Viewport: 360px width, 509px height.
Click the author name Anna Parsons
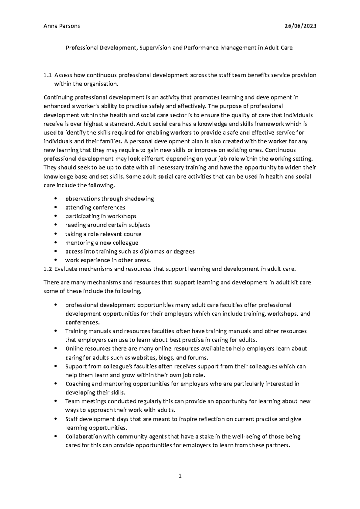[x=61, y=26]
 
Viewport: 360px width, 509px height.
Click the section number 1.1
[x=47, y=75]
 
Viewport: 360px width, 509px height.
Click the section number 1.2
[x=47, y=269]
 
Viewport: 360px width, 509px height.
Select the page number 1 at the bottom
[x=180, y=476]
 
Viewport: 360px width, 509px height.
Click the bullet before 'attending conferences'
[x=56, y=207]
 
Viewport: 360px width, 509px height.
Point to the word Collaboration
[x=82, y=436]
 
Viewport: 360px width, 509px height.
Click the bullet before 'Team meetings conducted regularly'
[x=56, y=401]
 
